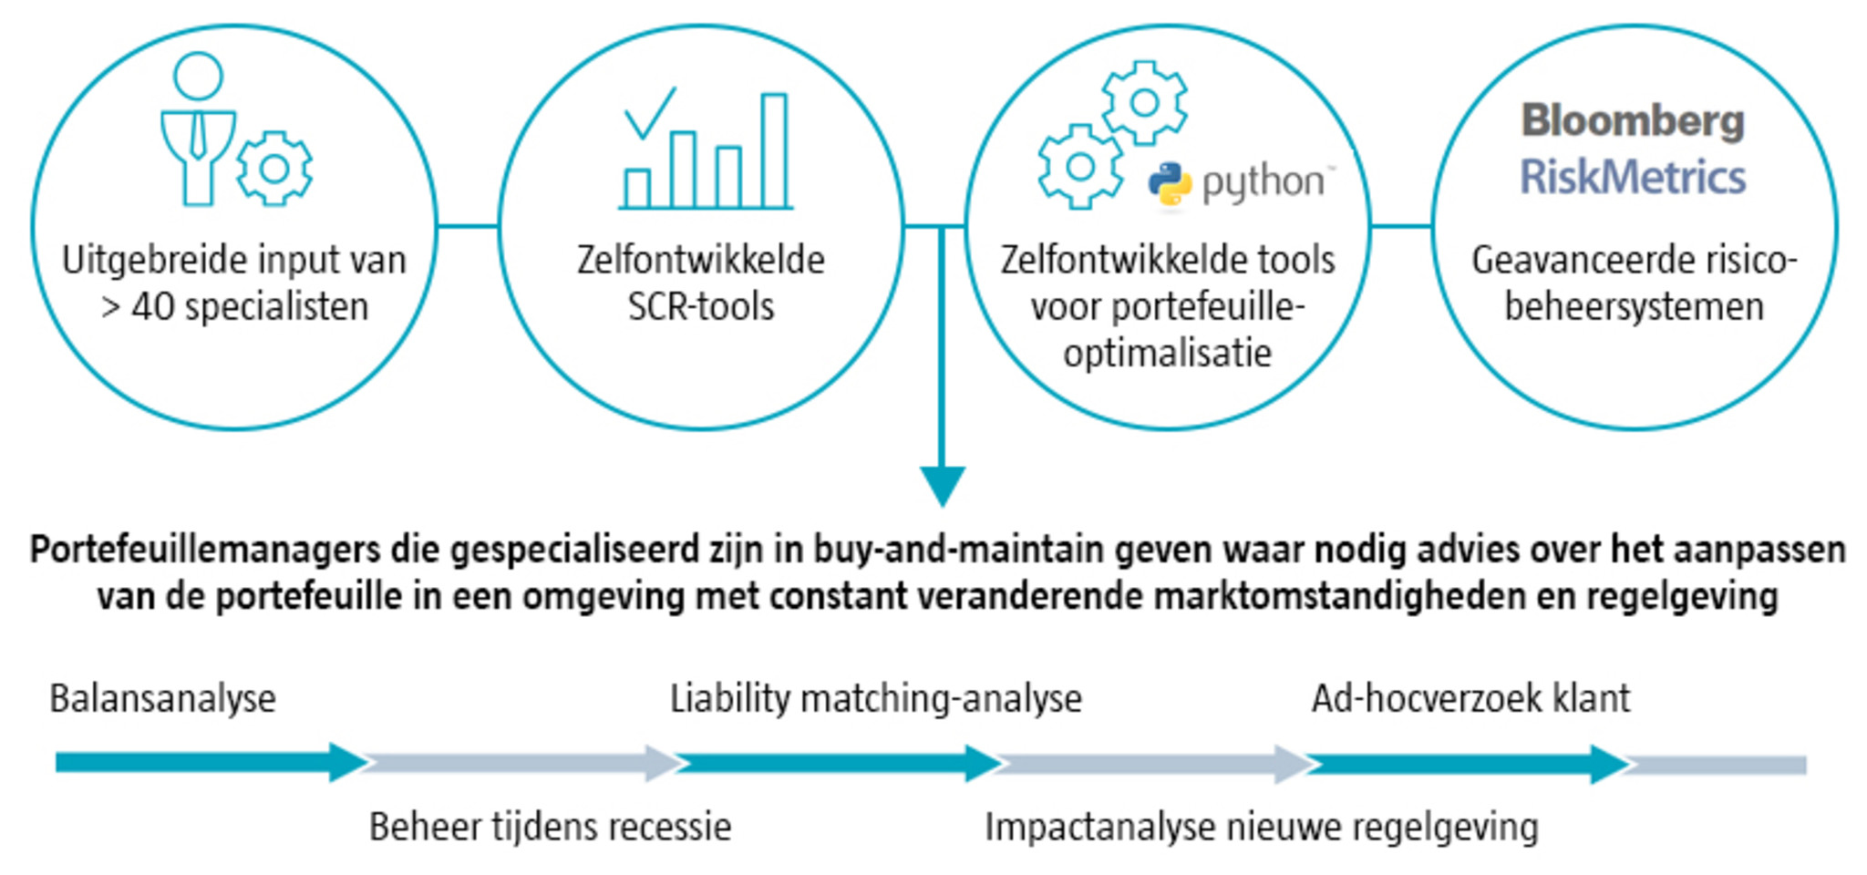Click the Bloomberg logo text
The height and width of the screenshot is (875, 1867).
coord(1633,122)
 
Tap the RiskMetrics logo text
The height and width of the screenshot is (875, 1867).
coord(1633,177)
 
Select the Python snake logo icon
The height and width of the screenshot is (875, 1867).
coord(1170,185)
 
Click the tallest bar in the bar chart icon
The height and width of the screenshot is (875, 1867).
coord(774,150)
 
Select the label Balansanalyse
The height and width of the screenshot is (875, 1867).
coord(162,699)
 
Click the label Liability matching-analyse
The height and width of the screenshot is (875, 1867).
coord(875,699)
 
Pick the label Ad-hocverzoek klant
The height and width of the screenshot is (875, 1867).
coord(1470,699)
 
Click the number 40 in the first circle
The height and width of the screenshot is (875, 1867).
coord(152,307)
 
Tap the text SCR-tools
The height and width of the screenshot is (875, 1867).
coord(700,307)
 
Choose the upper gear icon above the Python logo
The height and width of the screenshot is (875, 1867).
coord(1144,103)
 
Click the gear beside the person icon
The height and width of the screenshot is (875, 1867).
coord(274,169)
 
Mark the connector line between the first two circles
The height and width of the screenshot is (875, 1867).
coord(468,226)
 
